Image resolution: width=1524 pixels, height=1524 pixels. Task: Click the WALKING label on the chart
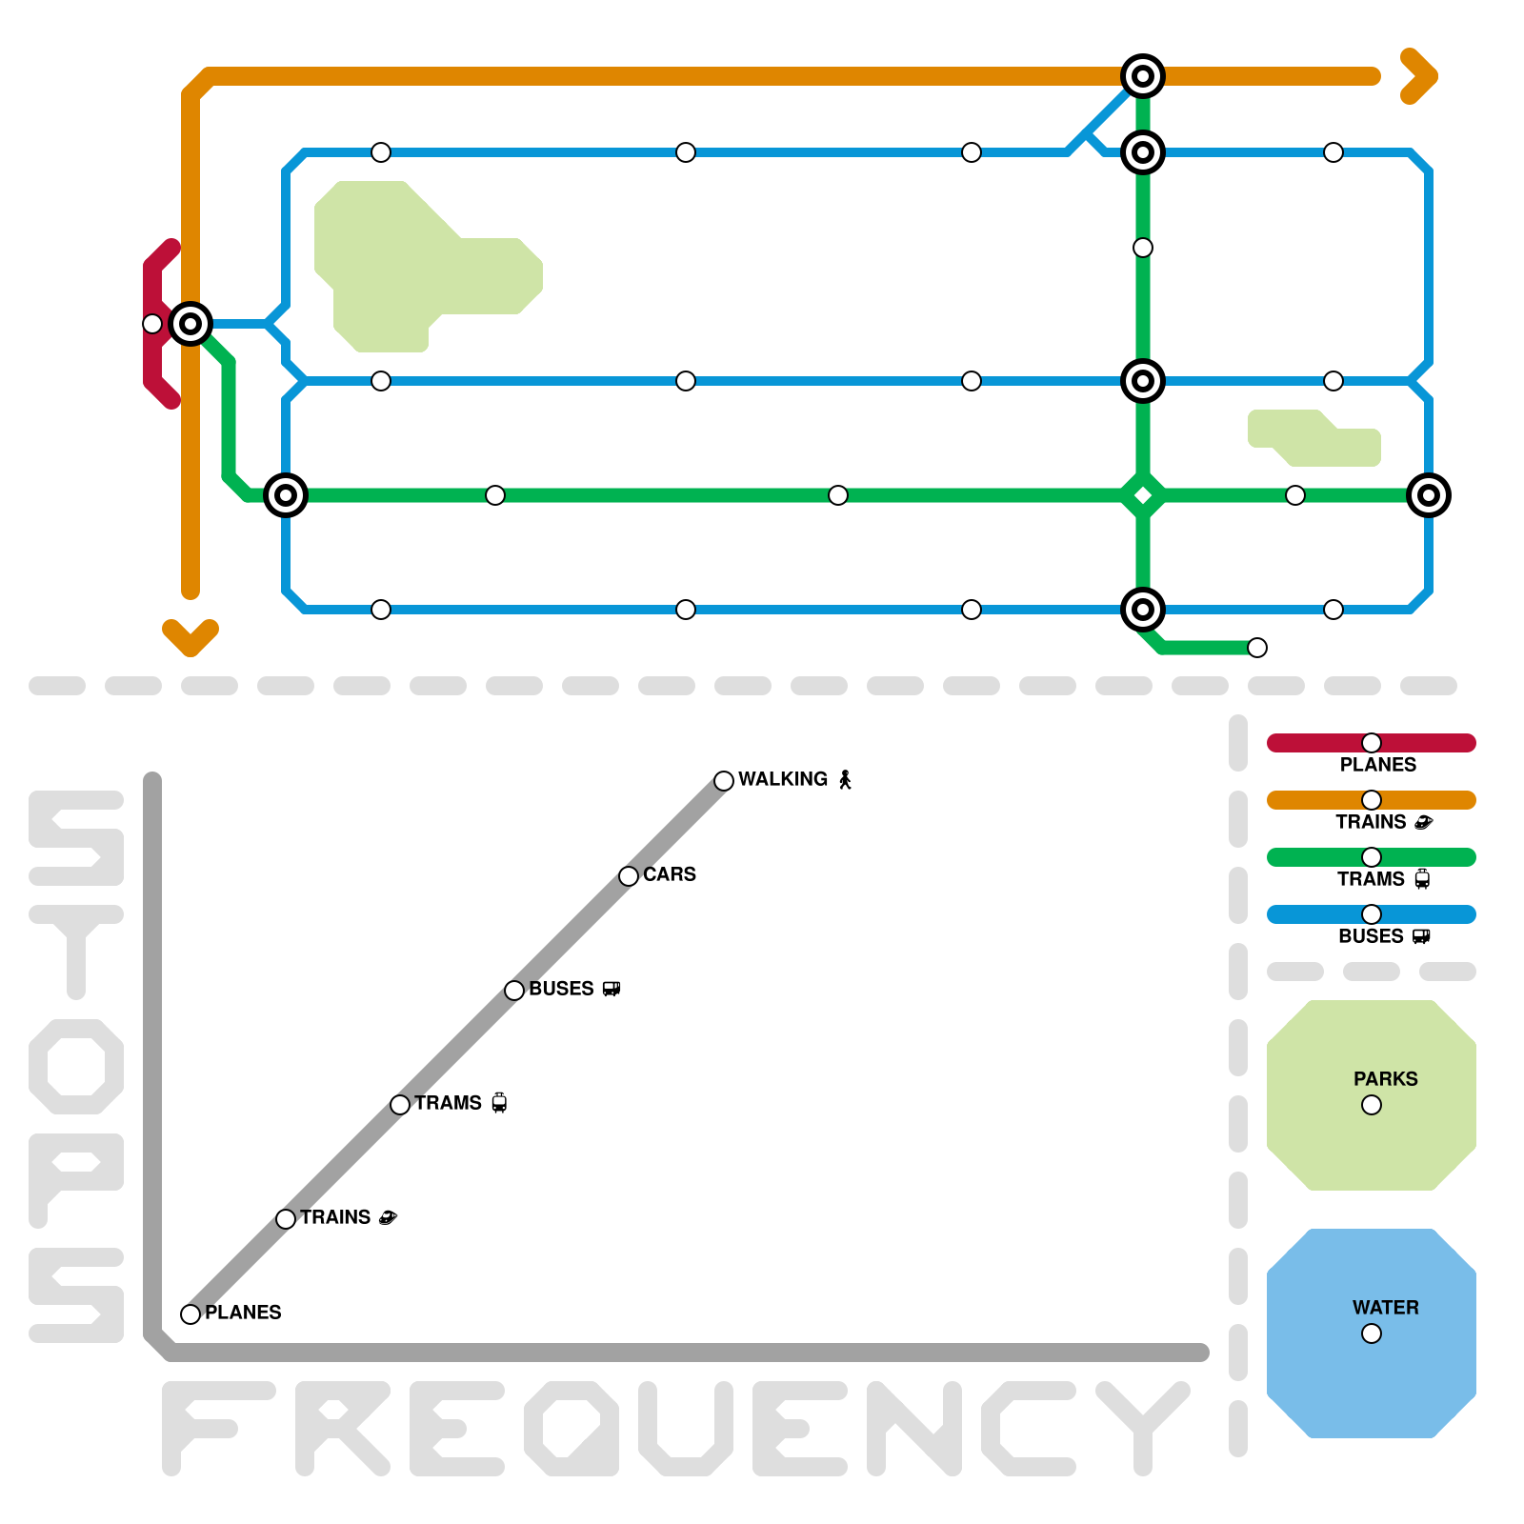pos(783,779)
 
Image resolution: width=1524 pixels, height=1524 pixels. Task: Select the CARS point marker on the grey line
pos(629,876)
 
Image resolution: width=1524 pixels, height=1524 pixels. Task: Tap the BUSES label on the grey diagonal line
pos(561,989)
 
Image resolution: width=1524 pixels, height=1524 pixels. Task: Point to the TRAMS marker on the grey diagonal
pos(400,1105)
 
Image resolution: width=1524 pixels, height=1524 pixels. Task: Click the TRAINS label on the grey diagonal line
pos(335,1217)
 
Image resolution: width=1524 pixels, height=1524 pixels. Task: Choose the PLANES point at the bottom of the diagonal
pos(190,1314)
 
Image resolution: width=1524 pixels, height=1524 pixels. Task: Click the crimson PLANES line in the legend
pos(1314,743)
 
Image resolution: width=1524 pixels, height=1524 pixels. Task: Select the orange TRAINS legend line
pos(1314,800)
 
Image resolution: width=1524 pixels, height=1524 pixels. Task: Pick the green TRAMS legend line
pos(1314,857)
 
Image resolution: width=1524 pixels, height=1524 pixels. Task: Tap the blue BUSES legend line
pos(1314,914)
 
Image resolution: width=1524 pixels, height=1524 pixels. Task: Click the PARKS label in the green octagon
pos(1385,1079)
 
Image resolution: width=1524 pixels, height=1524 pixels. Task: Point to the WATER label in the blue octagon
pos(1385,1308)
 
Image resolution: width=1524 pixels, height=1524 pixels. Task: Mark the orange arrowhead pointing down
pos(190,638)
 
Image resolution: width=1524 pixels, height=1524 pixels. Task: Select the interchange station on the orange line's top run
pos(1143,76)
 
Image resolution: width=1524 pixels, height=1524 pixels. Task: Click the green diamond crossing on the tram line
pos(1143,495)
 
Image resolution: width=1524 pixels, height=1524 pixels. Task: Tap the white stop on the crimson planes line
pos(152,324)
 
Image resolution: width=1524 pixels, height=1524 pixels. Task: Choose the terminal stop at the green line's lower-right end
pos(1257,648)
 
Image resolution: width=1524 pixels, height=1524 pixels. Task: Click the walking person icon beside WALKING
pos(845,780)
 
